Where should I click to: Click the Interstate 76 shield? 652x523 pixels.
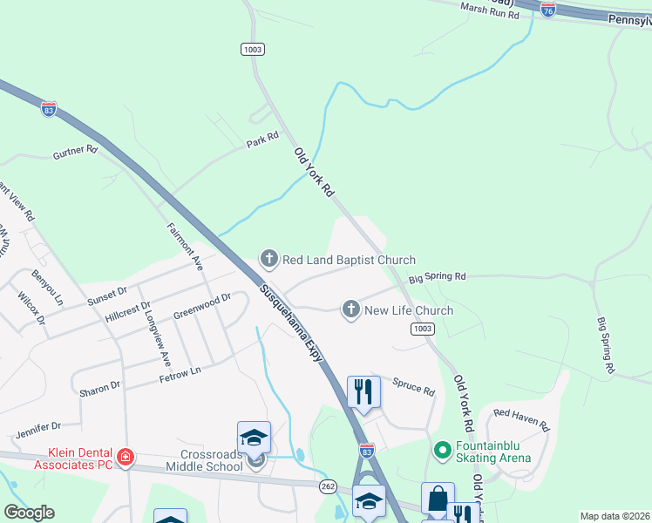pos(548,10)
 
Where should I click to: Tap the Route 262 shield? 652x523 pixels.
pos(328,486)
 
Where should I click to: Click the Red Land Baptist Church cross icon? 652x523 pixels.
pos(269,259)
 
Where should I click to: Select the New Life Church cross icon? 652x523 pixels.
pos(351,309)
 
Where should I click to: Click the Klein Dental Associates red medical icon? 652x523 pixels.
pos(126,457)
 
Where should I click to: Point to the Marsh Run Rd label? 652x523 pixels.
pos(490,10)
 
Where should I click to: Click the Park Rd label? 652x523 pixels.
pos(261,139)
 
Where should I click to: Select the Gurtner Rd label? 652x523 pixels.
pos(75,150)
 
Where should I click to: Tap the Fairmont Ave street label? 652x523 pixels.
pos(184,247)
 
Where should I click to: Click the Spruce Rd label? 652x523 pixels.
pos(413,387)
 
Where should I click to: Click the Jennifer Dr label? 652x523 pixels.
pos(37,428)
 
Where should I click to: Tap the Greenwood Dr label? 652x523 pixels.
pos(201,304)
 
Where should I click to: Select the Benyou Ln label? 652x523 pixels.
pos(48,288)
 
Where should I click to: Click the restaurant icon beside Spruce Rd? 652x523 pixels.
pos(363,391)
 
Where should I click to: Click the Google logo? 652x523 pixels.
pos(29,513)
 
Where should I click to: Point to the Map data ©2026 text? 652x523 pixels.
pos(615,516)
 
